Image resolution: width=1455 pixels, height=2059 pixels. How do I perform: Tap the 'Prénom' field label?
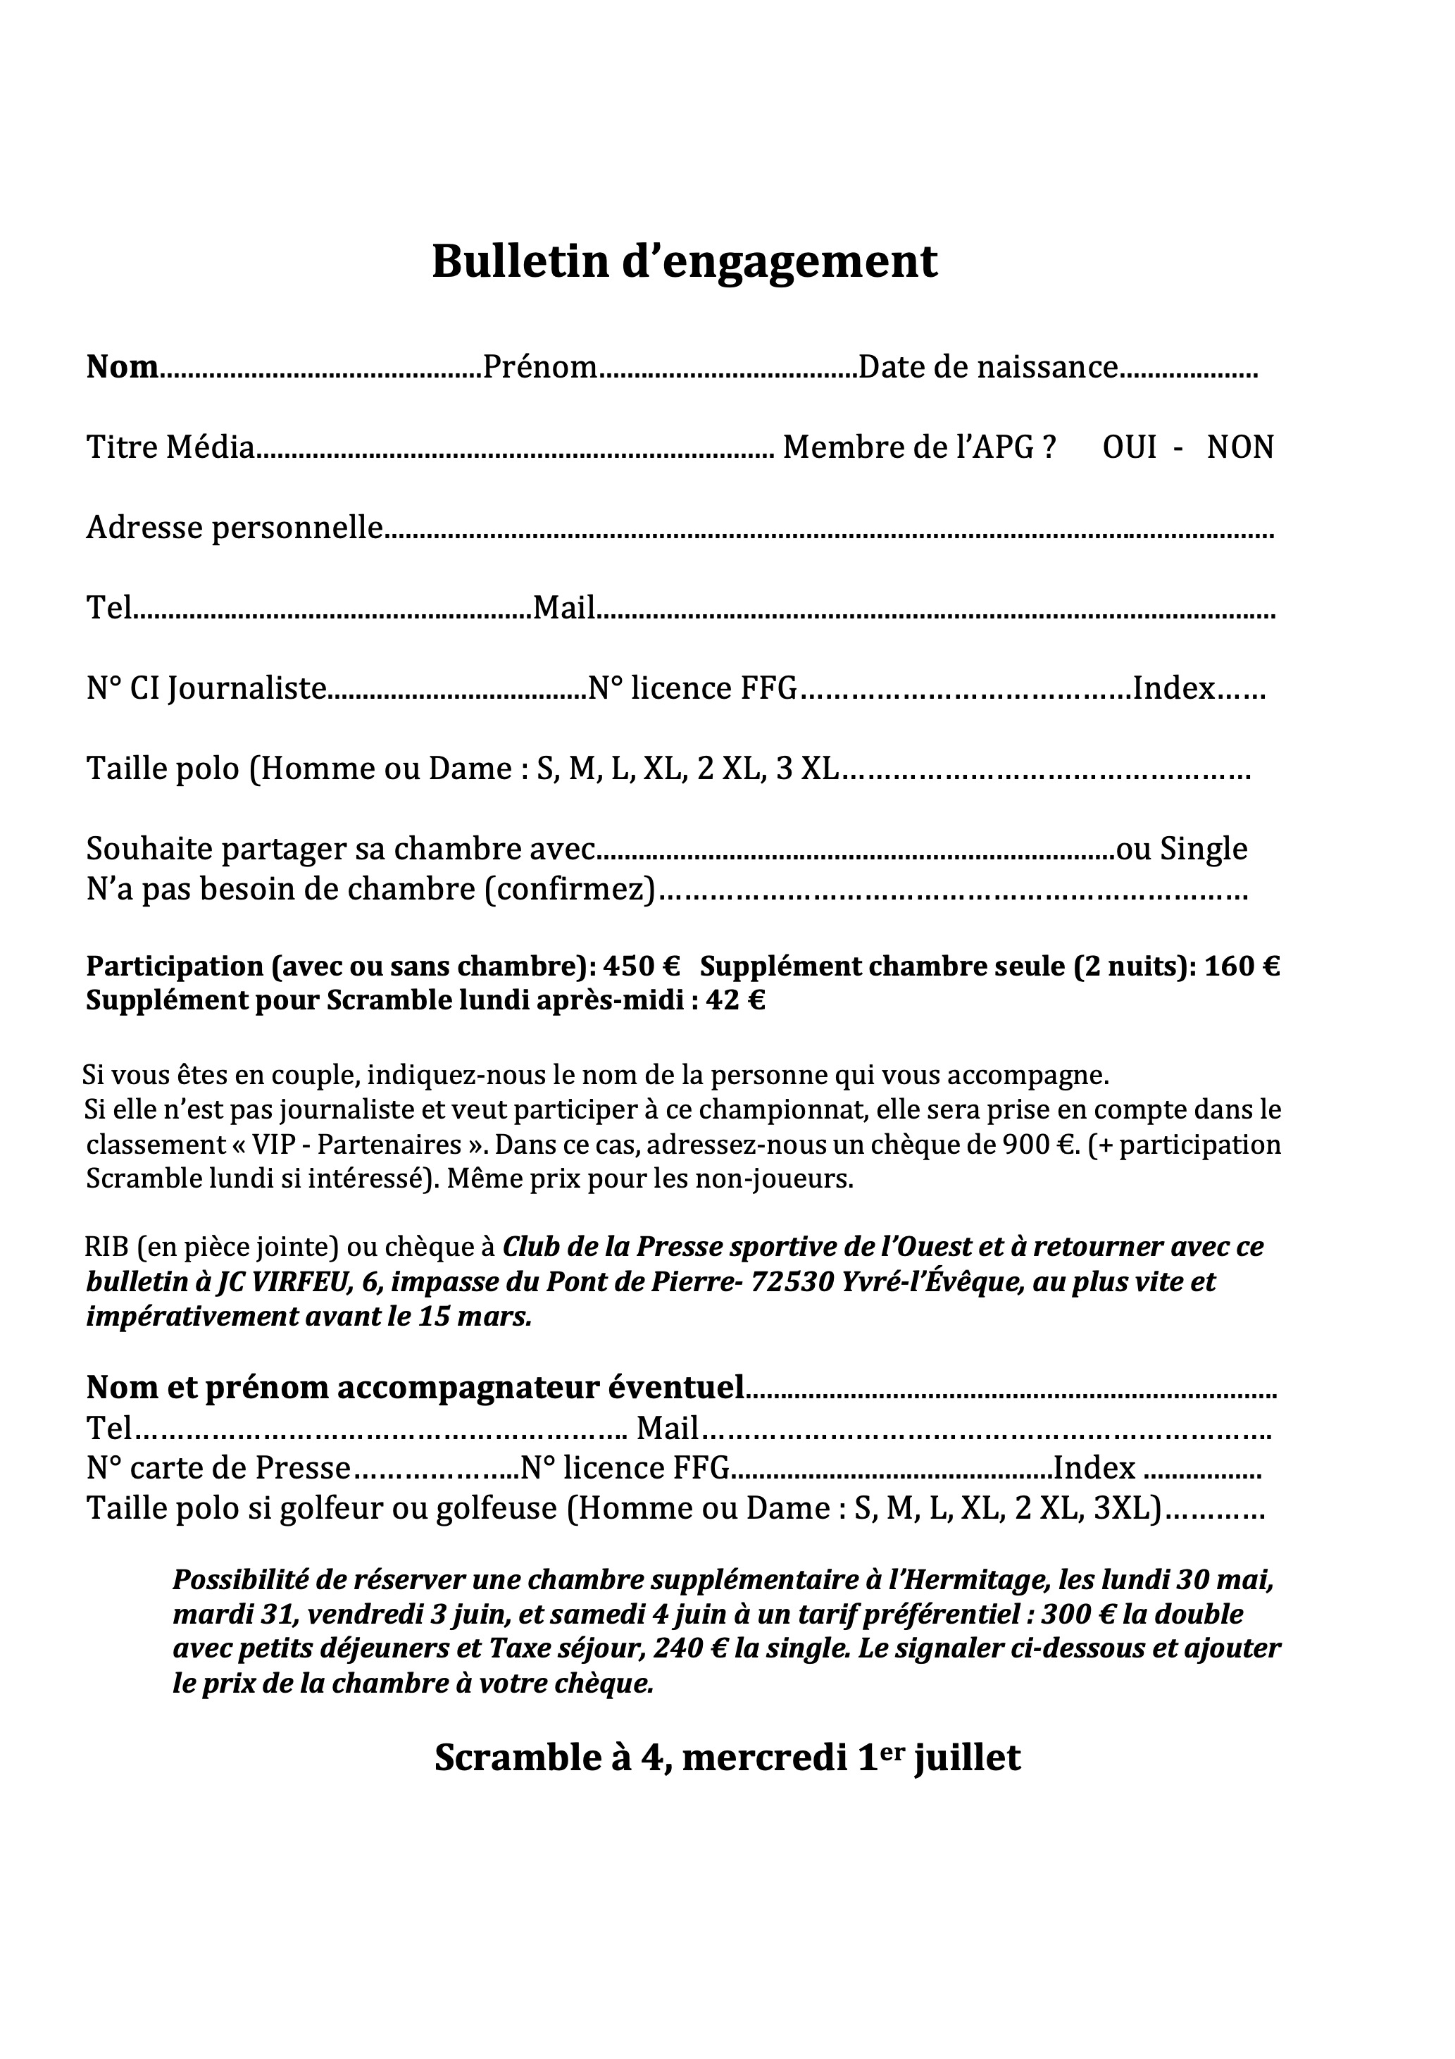coord(539,367)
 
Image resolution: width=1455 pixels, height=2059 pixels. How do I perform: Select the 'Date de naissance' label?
coord(988,367)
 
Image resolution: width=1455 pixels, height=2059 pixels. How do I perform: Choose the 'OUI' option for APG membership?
coord(1129,447)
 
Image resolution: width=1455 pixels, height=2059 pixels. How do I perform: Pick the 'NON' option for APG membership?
coord(1239,447)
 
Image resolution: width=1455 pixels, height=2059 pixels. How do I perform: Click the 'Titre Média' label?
coord(170,447)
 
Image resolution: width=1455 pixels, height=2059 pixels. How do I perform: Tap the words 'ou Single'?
coord(1182,847)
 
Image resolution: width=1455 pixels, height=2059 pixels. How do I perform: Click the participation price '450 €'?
coord(642,966)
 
